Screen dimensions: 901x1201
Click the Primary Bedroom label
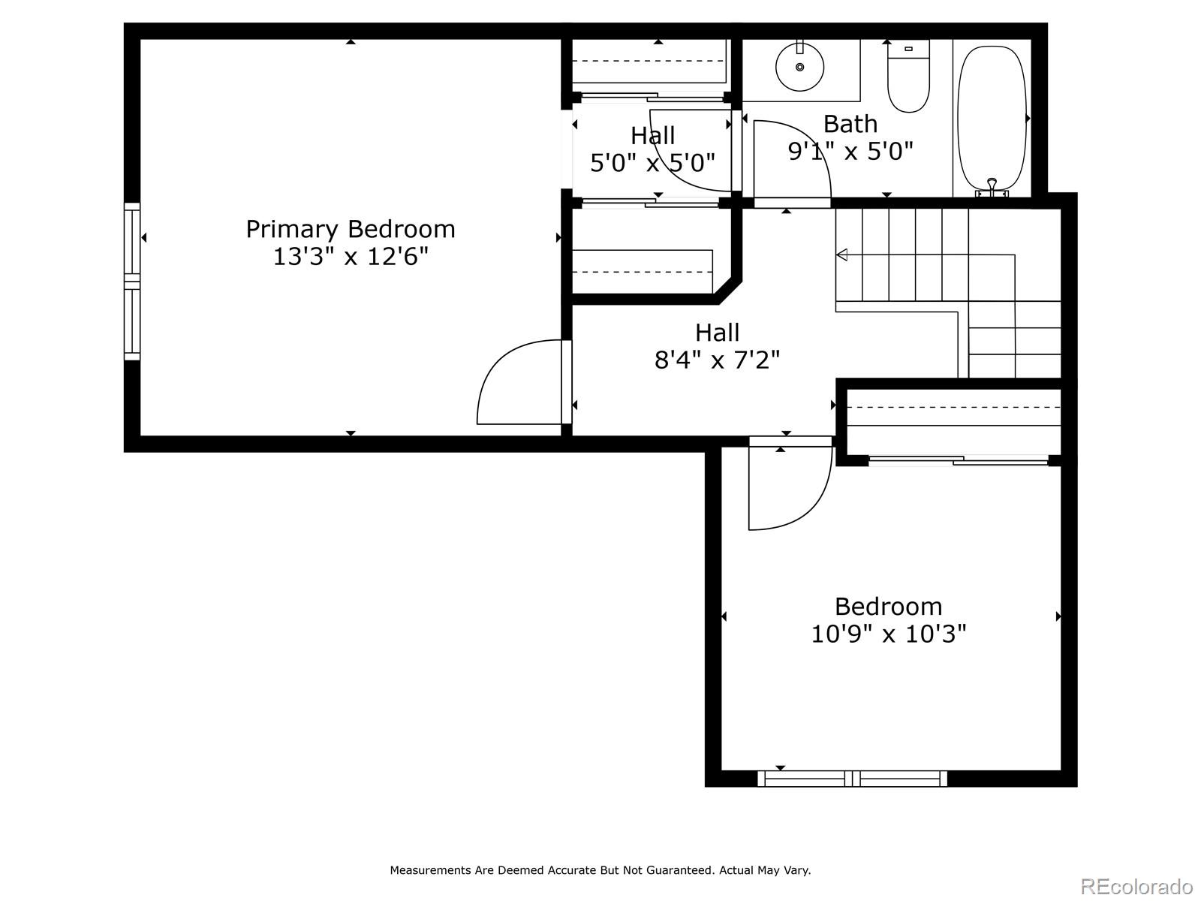tap(351, 229)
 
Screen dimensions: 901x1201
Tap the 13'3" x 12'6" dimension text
tap(351, 257)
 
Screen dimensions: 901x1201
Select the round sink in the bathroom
tap(799, 67)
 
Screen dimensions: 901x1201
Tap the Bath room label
tap(850, 124)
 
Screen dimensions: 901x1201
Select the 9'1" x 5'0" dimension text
tap(850, 152)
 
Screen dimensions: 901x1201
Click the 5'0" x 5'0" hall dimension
tap(652, 163)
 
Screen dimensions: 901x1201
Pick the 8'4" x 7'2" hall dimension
tap(717, 360)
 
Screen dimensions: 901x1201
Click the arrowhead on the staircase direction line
tap(841, 255)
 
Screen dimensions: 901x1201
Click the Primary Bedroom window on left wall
tap(132, 282)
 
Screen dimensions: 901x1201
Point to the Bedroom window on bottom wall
tap(852, 779)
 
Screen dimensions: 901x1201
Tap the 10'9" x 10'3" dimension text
tap(888, 634)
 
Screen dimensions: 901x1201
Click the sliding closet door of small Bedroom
tap(959, 460)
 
